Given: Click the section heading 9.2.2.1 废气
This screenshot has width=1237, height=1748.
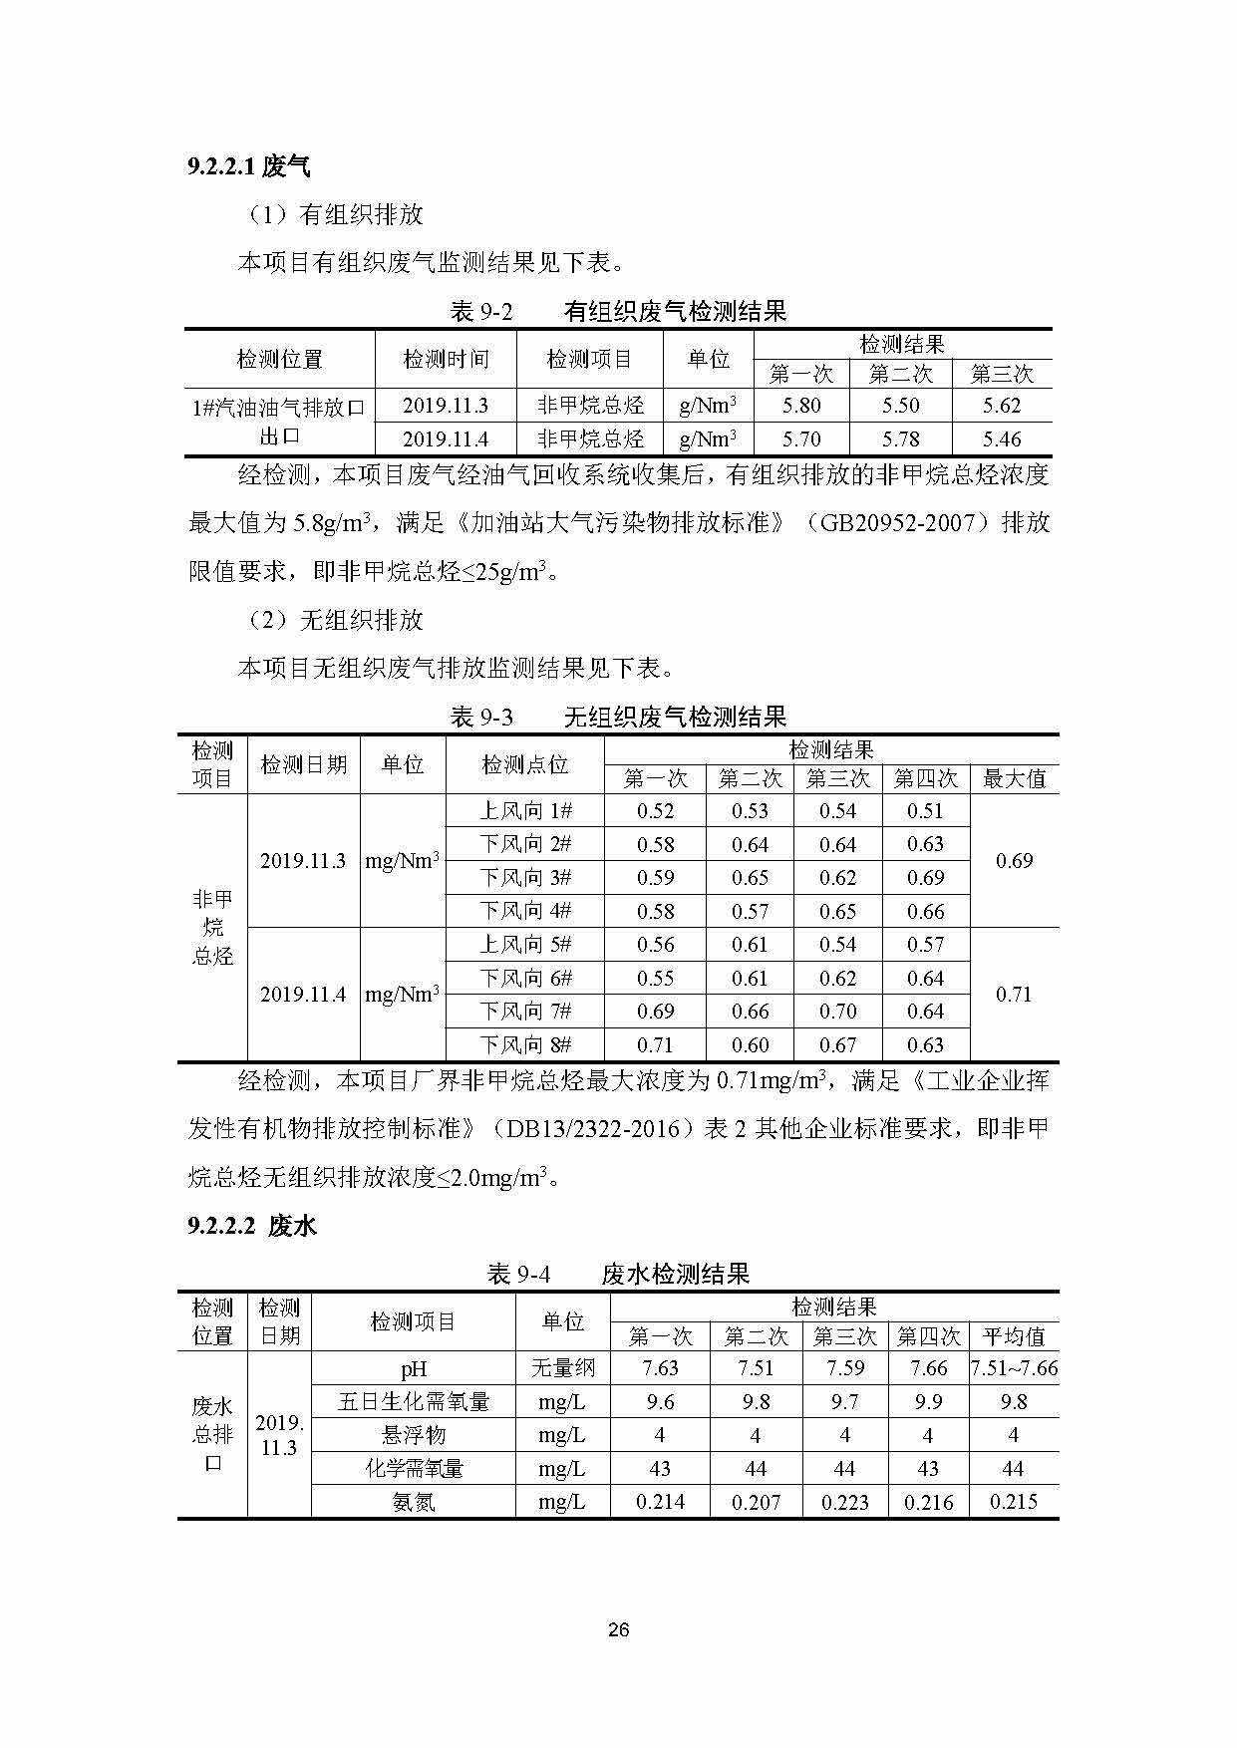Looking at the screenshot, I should [x=249, y=166].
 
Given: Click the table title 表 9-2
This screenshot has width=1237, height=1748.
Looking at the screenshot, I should [x=481, y=312].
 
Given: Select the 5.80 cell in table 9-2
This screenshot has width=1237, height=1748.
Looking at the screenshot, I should [x=801, y=406].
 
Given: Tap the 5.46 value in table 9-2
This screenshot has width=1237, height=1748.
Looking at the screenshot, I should [x=1002, y=438].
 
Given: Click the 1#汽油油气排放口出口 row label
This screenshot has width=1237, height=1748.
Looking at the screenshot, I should [x=279, y=422].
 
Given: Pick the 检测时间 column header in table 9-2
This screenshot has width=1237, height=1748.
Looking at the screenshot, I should [x=446, y=359].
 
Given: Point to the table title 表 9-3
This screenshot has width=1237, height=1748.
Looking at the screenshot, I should [x=481, y=717].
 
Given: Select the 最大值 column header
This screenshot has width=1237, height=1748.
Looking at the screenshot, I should [x=1014, y=779].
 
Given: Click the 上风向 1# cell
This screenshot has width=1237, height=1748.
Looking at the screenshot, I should [x=525, y=811].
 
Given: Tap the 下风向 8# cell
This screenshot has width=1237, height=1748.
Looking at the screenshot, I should [x=525, y=1045].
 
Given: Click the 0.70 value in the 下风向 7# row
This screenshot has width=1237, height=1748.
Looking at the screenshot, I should [x=837, y=1012].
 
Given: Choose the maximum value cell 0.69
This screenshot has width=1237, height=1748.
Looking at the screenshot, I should [x=1014, y=861].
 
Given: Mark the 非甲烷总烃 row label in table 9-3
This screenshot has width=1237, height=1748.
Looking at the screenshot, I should [x=212, y=928].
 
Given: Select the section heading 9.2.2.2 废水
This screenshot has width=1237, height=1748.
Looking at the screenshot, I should [x=252, y=1226].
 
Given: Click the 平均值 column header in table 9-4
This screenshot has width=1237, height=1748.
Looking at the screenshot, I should [x=1014, y=1336].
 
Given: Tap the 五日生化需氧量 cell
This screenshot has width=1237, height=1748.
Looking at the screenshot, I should [x=414, y=1402].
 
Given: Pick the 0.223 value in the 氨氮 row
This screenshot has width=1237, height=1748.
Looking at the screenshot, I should [x=844, y=1502].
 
